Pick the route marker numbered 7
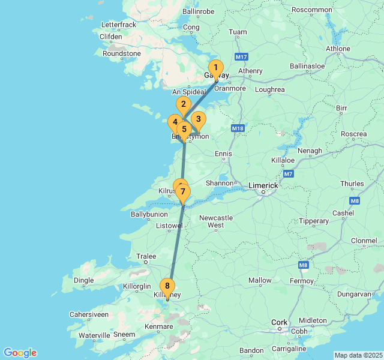182,192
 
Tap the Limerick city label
263,186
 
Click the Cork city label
279,322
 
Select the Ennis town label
223,154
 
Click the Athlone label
338,49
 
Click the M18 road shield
238,128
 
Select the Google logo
20,353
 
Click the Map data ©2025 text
358,355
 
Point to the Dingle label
83,280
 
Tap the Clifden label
111,37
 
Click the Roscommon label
311,10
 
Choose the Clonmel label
364,241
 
